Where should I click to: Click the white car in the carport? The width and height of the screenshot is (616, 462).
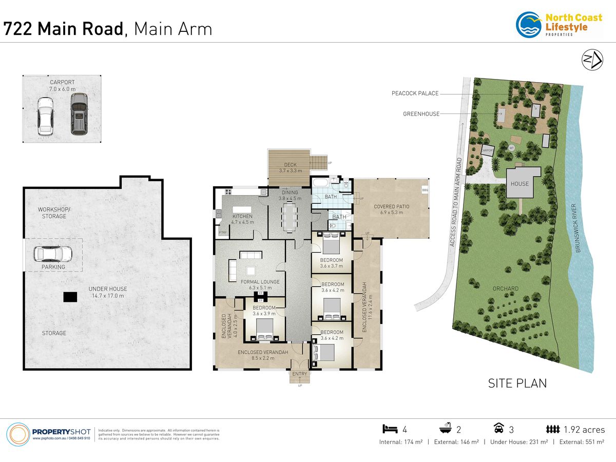45,117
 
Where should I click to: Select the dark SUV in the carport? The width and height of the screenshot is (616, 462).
79,113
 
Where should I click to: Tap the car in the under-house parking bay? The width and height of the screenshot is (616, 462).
52,254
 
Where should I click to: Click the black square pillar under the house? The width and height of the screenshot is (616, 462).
70,297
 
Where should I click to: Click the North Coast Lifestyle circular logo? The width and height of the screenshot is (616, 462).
529,25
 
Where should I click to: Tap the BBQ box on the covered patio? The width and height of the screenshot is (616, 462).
425,190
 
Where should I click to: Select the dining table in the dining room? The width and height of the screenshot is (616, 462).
290,216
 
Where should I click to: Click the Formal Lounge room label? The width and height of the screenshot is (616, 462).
260,282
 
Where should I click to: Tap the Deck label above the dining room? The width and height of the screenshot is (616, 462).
290,164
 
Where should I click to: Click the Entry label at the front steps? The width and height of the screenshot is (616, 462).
299,374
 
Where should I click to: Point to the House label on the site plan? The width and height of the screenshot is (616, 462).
519,184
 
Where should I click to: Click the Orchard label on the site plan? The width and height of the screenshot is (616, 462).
506,288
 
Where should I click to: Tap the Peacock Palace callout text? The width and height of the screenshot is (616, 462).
415,93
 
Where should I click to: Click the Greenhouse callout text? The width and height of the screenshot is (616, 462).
421,113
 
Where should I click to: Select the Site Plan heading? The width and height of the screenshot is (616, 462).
516,383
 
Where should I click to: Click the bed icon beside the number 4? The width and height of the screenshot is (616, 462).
390,429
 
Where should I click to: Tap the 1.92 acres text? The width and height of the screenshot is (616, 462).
584,430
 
